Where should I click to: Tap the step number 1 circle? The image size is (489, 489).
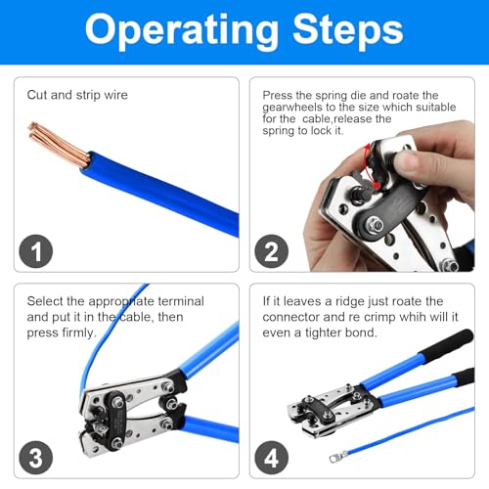(36, 252)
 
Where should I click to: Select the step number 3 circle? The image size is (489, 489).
(36, 457)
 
